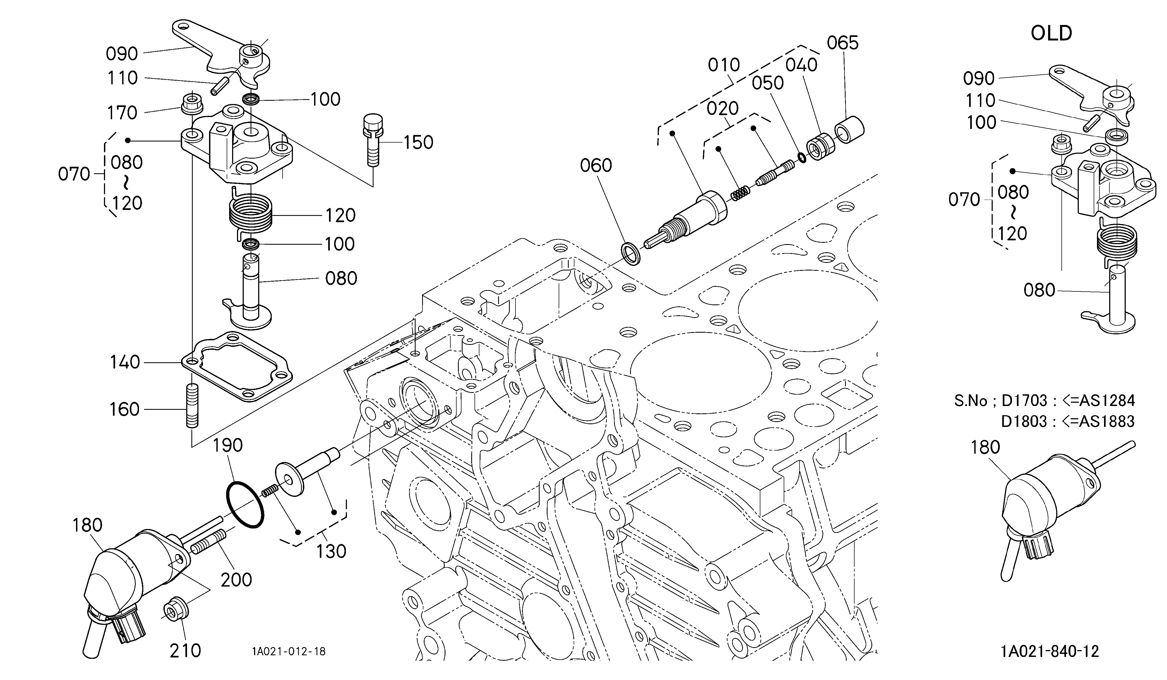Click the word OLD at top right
[1051, 33]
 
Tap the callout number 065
[843, 43]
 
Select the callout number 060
[596, 165]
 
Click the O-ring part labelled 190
[245, 505]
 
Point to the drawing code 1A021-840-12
[1049, 651]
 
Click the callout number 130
[331, 551]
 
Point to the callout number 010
[724, 65]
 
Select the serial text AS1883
[1107, 421]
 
